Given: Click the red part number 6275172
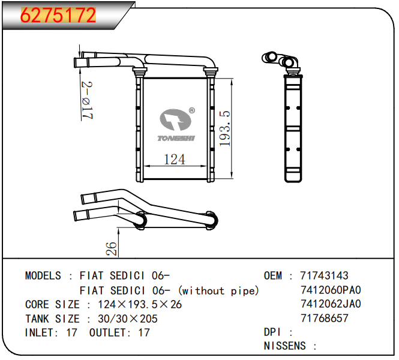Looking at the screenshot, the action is [58, 15].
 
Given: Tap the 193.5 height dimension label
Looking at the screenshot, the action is [225, 128].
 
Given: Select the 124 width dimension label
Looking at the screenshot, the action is [175, 160].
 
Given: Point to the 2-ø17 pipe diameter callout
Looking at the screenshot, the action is [87, 100].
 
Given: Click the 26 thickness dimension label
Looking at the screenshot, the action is [112, 248].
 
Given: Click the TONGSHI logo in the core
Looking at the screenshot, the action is [176, 125].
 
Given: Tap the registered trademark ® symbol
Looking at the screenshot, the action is [192, 110].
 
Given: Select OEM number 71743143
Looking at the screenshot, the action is [324, 275].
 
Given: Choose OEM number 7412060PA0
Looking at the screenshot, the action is [331, 290].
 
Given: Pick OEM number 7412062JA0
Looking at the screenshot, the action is [331, 304].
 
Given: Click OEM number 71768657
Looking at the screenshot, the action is [324, 318].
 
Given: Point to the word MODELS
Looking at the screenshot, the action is [43, 275].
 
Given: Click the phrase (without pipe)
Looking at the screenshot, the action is [218, 290].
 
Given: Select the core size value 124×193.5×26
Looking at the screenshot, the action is [140, 305].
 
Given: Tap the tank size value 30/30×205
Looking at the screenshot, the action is [127, 319].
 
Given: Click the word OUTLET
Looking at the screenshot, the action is [107, 332].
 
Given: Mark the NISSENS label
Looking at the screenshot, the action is [285, 346].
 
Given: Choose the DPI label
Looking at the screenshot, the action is [272, 332].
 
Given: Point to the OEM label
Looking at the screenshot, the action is [273, 275].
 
